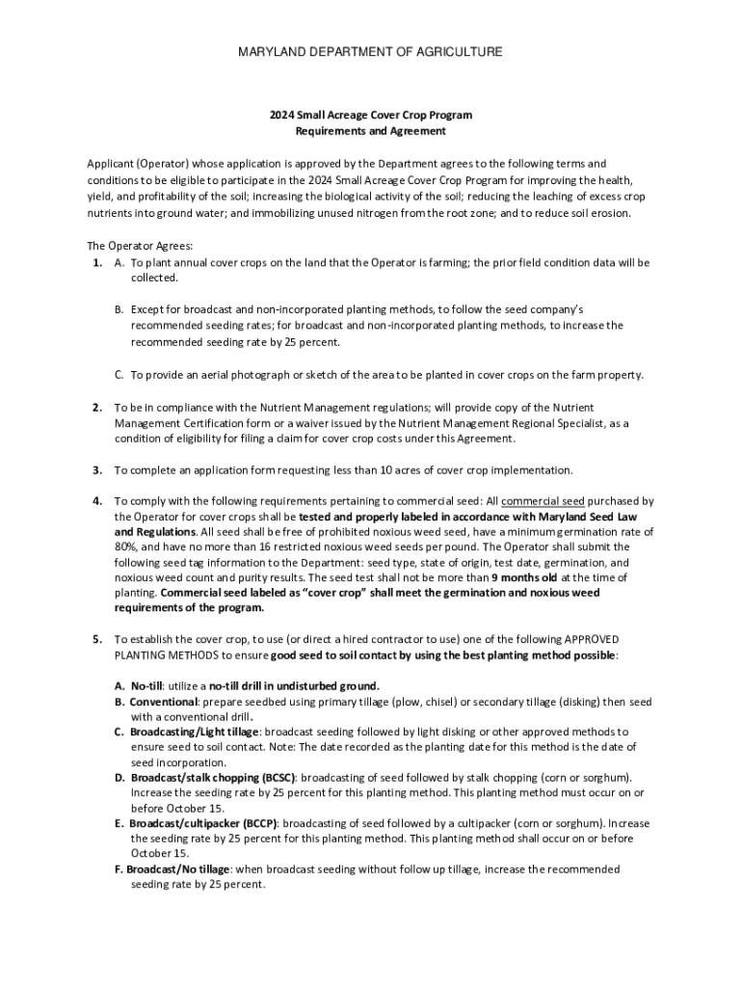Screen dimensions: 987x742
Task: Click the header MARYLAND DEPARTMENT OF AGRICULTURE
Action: (370, 51)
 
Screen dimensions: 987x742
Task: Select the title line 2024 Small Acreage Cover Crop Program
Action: (370, 115)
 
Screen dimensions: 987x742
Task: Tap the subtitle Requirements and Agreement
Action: (370, 131)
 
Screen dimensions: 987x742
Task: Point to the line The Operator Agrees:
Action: (126, 246)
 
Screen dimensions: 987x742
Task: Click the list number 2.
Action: (97, 407)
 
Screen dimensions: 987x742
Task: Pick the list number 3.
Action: (97, 470)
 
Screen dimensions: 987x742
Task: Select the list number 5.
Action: (97, 639)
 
